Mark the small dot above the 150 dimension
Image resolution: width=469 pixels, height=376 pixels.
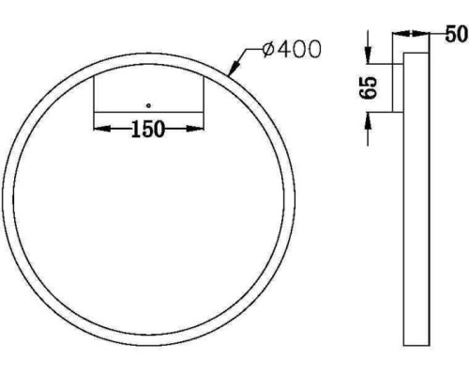pyautogui.click(x=147, y=103)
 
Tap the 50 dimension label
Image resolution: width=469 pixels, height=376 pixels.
pyautogui.click(x=455, y=36)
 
